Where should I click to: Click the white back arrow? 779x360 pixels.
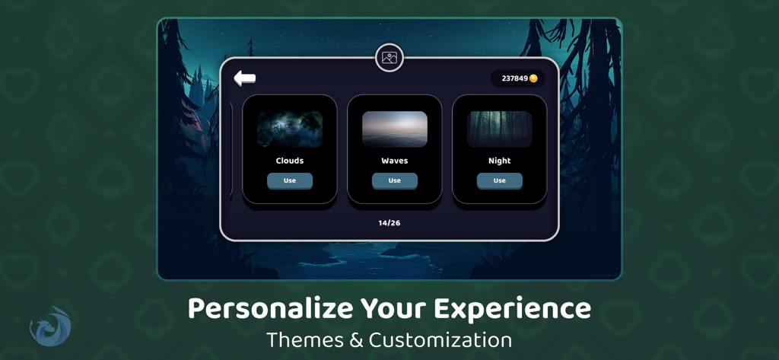(244, 78)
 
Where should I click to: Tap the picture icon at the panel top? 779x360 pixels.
(389, 58)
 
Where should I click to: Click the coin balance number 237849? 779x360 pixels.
(514, 78)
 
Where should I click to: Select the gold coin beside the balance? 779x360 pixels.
(533, 78)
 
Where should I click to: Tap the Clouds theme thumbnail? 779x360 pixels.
(290, 129)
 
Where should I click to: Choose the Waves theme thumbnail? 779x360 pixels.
(395, 129)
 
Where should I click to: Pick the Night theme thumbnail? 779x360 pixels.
(500, 129)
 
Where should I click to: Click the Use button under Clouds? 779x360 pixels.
(290, 180)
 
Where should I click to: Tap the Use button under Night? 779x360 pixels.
(500, 180)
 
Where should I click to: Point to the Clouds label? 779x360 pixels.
(290, 161)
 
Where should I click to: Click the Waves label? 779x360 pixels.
(395, 161)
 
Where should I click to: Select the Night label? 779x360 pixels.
(500, 161)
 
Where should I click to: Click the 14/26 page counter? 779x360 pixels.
(389, 223)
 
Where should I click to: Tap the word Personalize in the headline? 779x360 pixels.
(270, 309)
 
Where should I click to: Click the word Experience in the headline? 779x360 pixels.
(512, 309)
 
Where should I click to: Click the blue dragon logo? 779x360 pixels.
(50, 327)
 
